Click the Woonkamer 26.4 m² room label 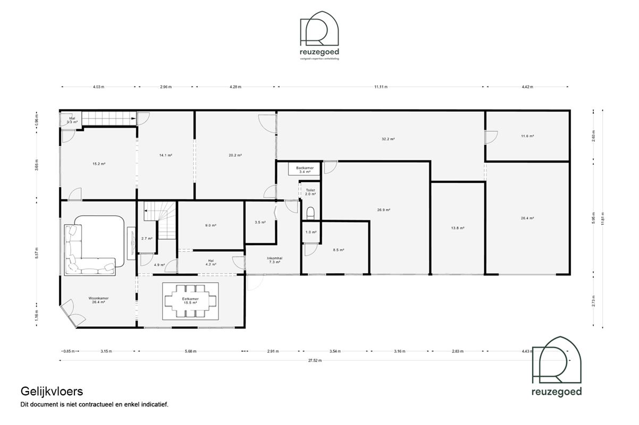pyautogui.click(x=99, y=300)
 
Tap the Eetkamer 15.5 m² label pyautogui.click(x=190, y=300)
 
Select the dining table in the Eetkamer pyautogui.click(x=191, y=301)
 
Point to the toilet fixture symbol pyautogui.click(x=310, y=213)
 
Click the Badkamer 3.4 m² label pyautogui.click(x=305, y=169)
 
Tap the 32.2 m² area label pyautogui.click(x=388, y=139)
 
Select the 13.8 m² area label pyautogui.click(x=458, y=228)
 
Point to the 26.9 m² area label pyautogui.click(x=384, y=210)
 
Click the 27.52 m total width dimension pyautogui.click(x=315, y=360)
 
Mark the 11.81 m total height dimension pyautogui.click(x=602, y=215)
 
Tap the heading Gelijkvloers pyautogui.click(x=52, y=392)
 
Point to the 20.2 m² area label pyautogui.click(x=235, y=155)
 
